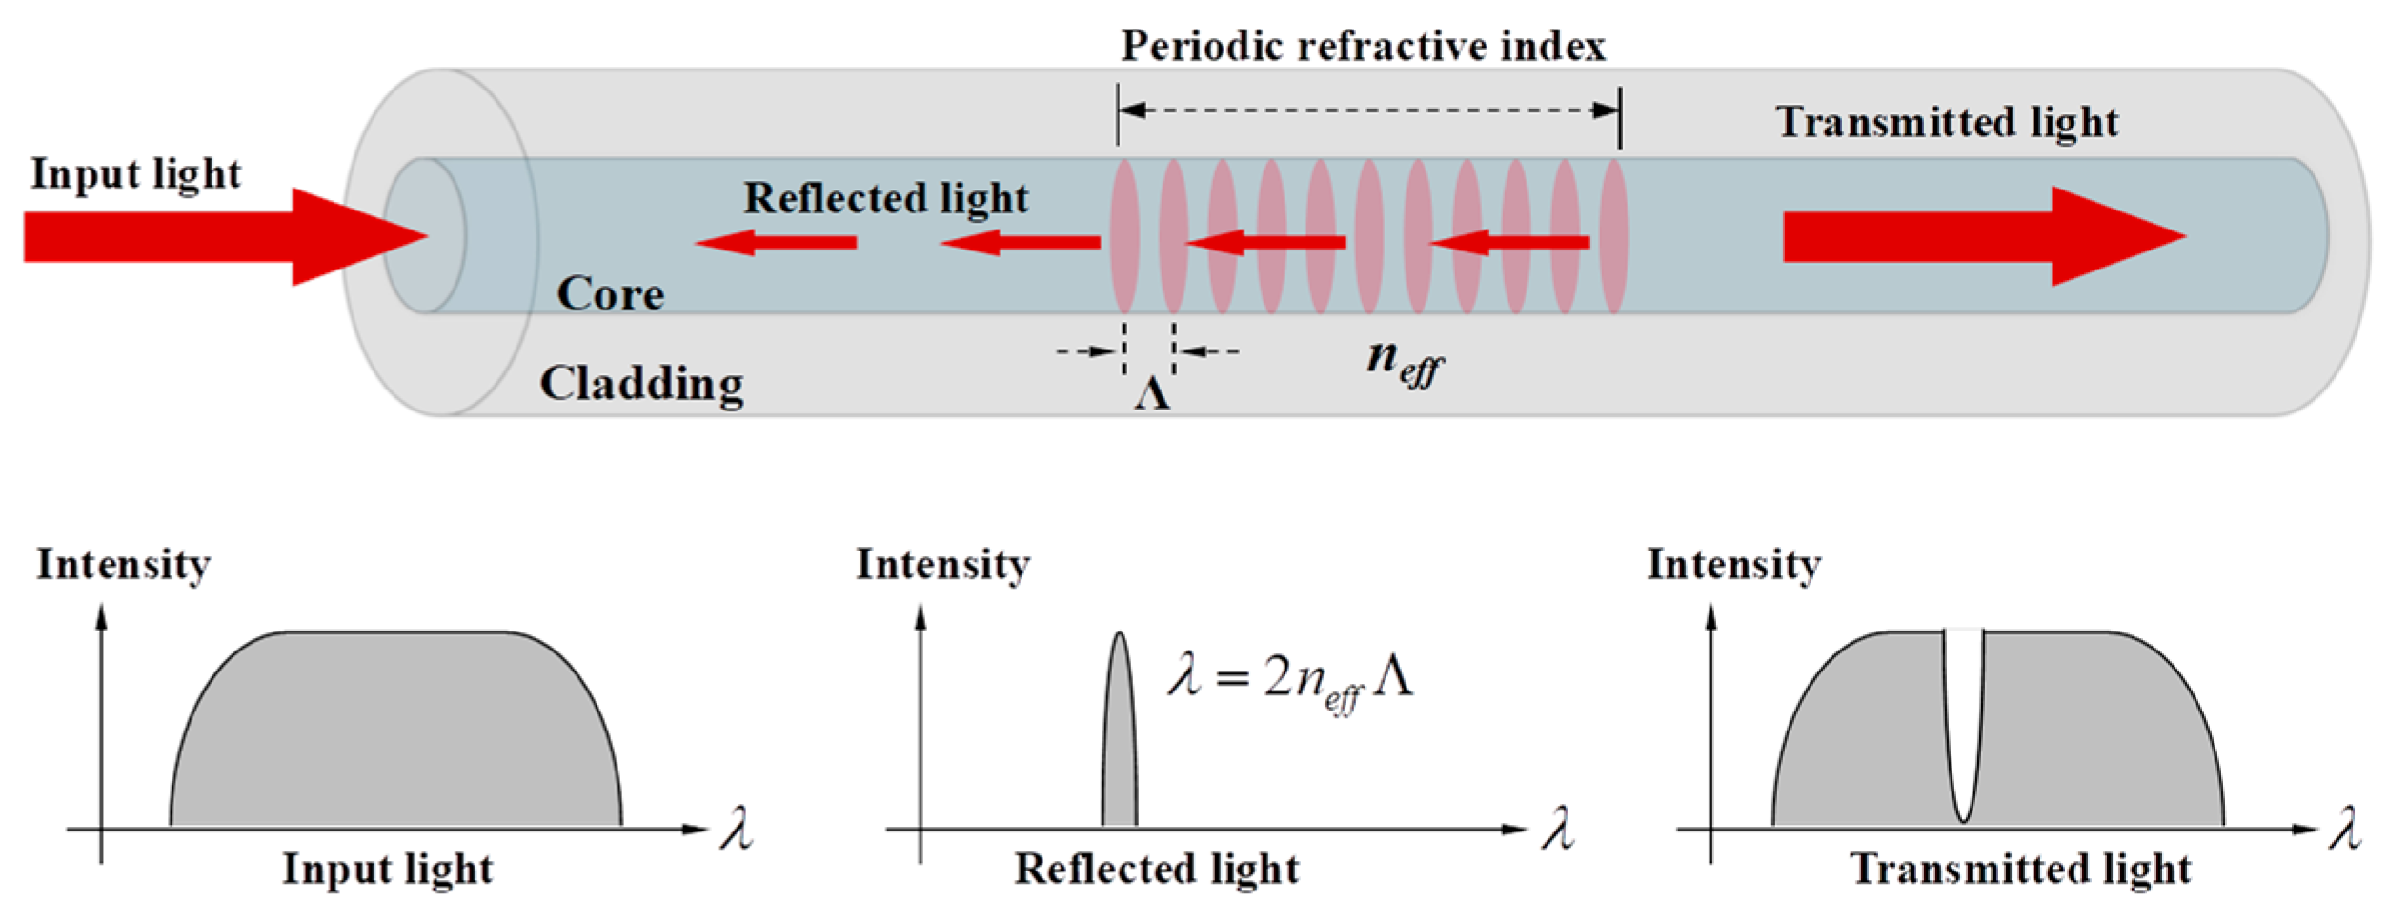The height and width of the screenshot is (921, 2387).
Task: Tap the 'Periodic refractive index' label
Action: pyautogui.click(x=1363, y=46)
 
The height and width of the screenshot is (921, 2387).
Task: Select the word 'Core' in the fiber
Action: pyautogui.click(x=610, y=294)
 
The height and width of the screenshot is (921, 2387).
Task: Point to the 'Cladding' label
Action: pyautogui.click(x=641, y=384)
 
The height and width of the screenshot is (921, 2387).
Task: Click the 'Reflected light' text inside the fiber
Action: pyautogui.click(x=886, y=198)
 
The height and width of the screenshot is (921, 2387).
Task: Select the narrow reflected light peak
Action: pyautogui.click(x=1120, y=743)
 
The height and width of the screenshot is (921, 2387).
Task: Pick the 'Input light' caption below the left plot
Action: pyautogui.click(x=388, y=869)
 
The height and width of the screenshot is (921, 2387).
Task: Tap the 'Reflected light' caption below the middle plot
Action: pyautogui.click(x=1157, y=869)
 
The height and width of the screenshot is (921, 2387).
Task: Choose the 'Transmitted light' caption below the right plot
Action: pyautogui.click(x=2021, y=869)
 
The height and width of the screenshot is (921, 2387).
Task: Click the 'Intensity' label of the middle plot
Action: pyautogui.click(x=942, y=564)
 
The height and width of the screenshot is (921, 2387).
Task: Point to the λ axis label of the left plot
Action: pyautogui.click(x=737, y=828)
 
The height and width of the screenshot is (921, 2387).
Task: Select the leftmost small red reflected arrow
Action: pyautogui.click(x=777, y=243)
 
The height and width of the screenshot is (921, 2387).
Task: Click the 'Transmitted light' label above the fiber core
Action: pyautogui.click(x=1947, y=122)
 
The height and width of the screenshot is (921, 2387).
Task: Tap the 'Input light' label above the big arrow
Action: pyautogui.click(x=135, y=174)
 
